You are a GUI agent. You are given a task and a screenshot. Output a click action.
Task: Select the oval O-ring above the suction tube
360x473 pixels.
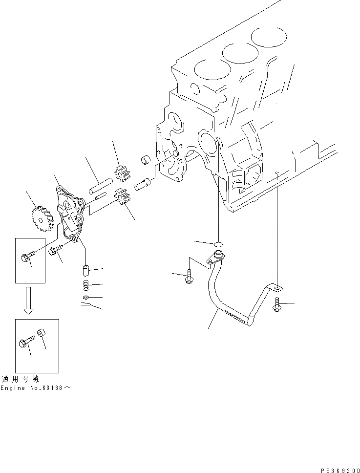218,243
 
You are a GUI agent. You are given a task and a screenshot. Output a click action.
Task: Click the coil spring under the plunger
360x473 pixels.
85,285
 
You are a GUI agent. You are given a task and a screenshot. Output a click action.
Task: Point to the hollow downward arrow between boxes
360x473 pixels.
29,300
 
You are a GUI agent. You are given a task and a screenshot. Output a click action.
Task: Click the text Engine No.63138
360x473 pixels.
36,387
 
